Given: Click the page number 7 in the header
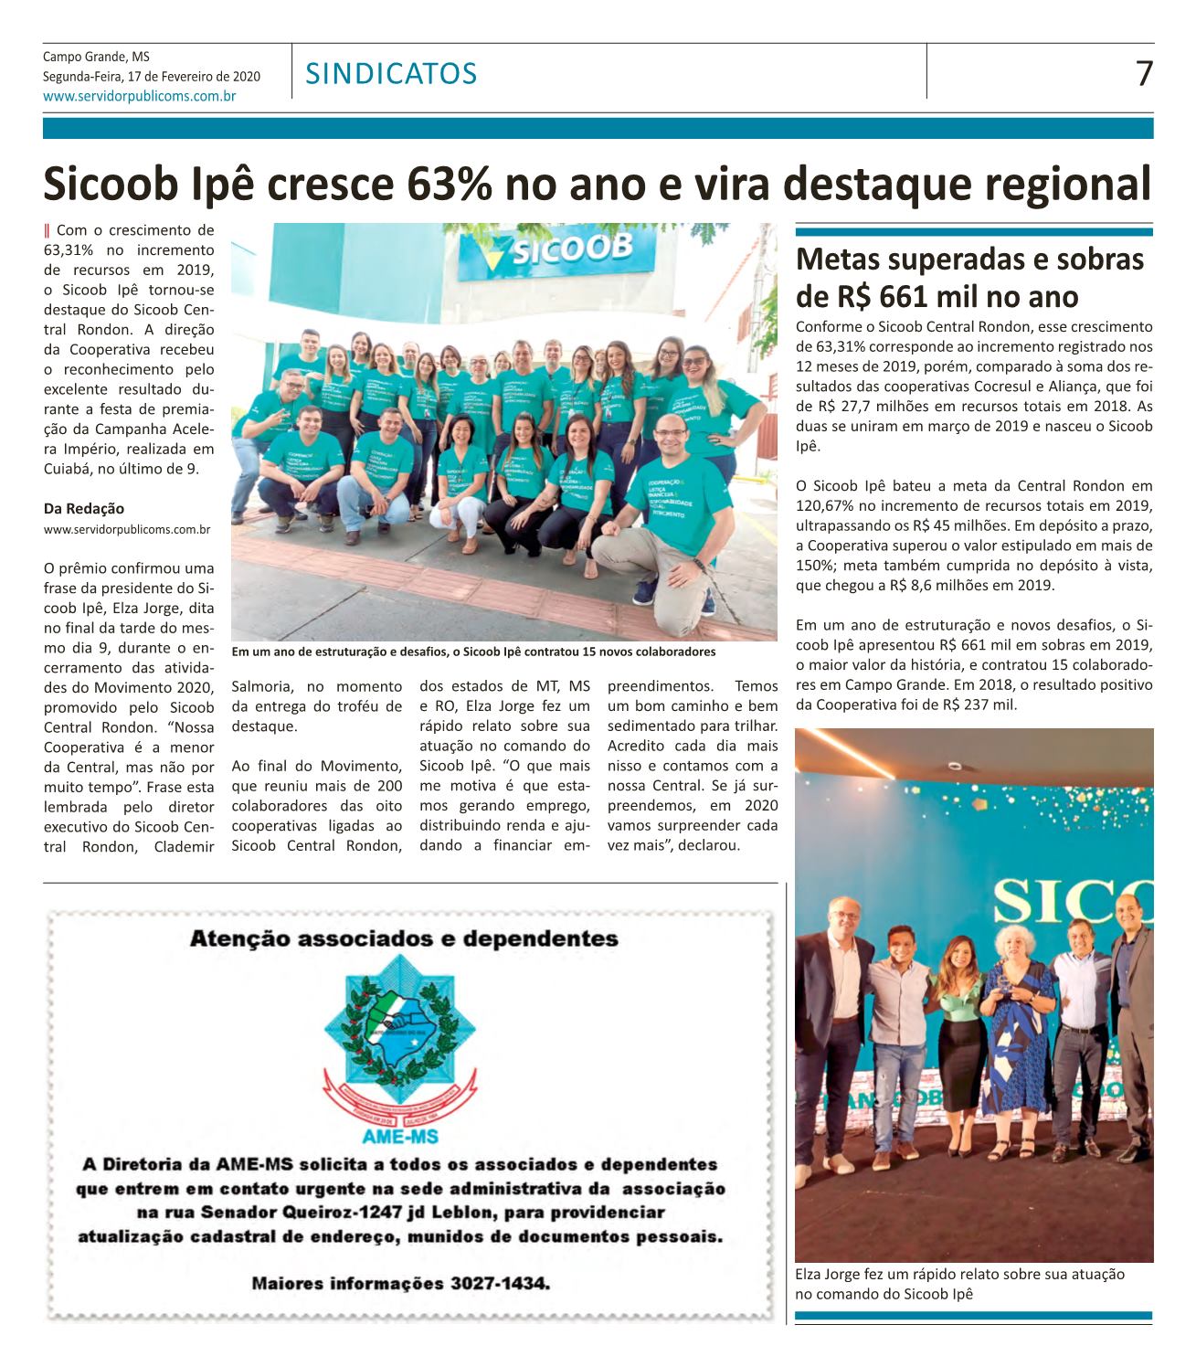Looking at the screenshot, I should click(x=1144, y=73).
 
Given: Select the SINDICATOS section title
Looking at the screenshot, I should click(x=392, y=73).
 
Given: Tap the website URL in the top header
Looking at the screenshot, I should click(x=140, y=95).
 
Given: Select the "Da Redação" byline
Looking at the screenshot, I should click(x=84, y=508).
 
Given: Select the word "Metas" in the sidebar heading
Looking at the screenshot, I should click(x=835, y=260).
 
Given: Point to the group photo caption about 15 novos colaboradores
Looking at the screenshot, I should click(x=473, y=652).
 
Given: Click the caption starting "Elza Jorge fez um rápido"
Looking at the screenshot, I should click(x=959, y=1274).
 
